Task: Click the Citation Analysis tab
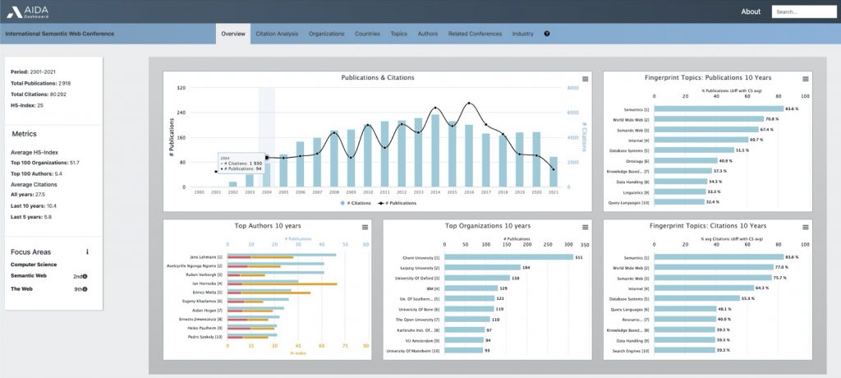277,34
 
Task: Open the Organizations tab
327,34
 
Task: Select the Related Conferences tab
475,34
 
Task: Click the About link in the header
751,12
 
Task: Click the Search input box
803,12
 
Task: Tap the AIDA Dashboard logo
28,12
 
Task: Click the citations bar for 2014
434,151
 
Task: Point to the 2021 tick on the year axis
553,192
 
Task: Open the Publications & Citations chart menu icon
586,79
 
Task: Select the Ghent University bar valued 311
508,257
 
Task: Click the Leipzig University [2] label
416,268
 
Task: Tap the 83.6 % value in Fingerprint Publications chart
791,109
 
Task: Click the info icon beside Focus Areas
87,251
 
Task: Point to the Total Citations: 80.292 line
39,94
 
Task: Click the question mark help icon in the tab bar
547,34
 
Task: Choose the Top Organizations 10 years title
487,226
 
